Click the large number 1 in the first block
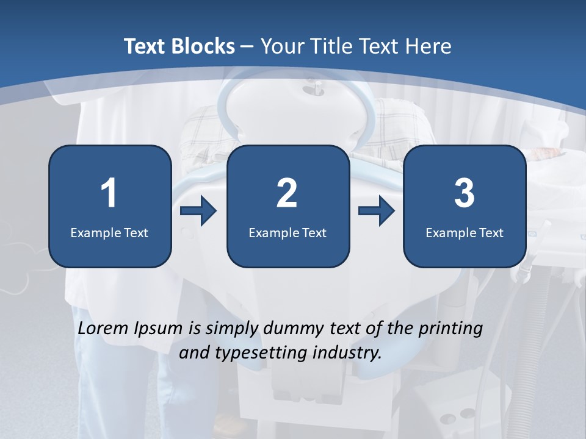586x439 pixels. point(109,193)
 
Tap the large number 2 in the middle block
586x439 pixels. point(287,193)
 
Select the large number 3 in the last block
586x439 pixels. point(465,193)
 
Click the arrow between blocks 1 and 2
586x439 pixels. point(199,212)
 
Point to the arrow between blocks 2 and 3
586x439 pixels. point(377,212)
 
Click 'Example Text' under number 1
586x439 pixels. point(109,232)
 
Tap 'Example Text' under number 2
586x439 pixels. point(288,232)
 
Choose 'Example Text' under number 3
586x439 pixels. point(465,232)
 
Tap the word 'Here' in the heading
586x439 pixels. point(429,46)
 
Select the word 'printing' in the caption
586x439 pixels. point(450,329)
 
